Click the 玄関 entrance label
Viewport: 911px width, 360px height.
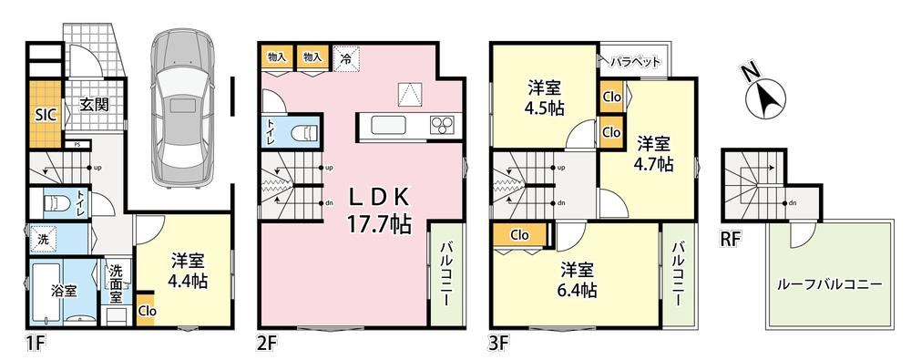(95, 106)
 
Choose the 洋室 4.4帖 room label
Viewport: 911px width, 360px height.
(187, 272)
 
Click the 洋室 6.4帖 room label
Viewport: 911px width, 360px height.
(578, 280)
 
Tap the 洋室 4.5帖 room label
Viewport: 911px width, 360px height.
(545, 98)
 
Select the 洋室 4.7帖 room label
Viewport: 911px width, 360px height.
(654, 153)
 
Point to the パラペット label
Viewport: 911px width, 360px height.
(634, 60)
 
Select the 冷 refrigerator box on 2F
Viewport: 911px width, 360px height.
(346, 57)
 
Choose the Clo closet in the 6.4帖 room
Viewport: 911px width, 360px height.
(520, 235)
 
